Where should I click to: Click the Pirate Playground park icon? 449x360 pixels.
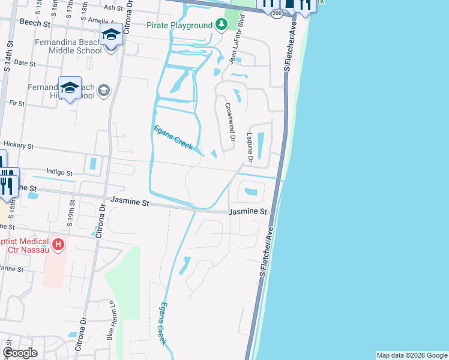coord(222,25)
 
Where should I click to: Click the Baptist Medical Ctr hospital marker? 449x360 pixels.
coord(58,244)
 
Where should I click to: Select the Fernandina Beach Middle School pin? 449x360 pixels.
coord(111,35)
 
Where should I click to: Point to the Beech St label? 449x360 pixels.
coord(35,23)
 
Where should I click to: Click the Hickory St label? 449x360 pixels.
coord(18,145)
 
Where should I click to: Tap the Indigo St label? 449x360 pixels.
coord(59,171)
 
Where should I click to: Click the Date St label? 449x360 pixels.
coord(25,62)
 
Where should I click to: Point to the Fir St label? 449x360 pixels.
coord(17,103)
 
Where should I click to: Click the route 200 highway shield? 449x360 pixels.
coord(276,13)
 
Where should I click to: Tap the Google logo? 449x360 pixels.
coord(20,353)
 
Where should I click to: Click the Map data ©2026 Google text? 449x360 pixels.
coord(412,355)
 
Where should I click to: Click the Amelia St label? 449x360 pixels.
coord(98,20)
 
